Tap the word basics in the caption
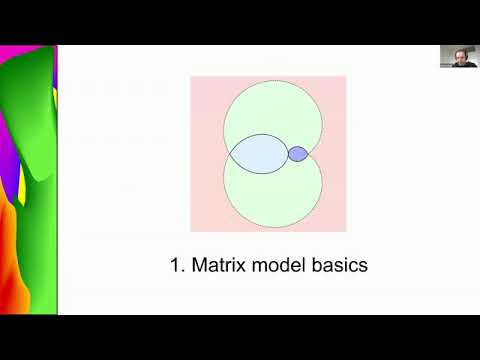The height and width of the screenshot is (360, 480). pyautogui.click(x=340, y=266)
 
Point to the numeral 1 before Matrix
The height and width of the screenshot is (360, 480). pyautogui.click(x=177, y=266)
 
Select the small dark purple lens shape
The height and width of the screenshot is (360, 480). pyautogui.click(x=298, y=154)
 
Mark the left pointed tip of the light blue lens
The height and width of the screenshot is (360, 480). pyautogui.click(x=229, y=155)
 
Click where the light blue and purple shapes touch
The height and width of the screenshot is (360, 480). pyautogui.click(x=288, y=154)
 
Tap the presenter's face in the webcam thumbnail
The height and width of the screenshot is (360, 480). pyautogui.click(x=455, y=56)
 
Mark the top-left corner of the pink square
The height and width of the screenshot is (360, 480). pyautogui.click(x=191, y=76)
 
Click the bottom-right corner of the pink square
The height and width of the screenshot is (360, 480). pyautogui.click(x=346, y=232)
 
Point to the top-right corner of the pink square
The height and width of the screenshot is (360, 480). pyautogui.click(x=346, y=76)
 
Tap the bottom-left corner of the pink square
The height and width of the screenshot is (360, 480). pyautogui.click(x=191, y=232)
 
